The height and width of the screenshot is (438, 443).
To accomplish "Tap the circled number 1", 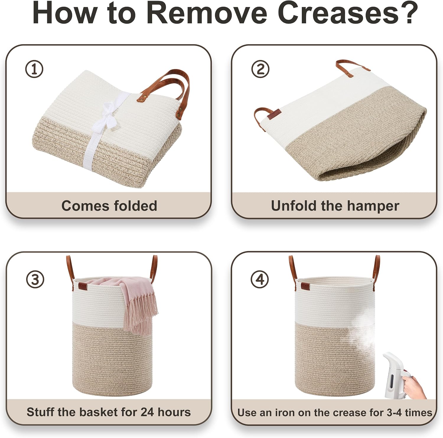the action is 34,69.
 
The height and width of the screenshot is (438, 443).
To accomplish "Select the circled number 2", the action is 260,69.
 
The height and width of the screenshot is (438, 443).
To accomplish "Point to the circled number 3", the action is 35,279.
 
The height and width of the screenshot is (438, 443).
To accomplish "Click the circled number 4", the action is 260,279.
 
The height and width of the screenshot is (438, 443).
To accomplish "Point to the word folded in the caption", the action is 136,206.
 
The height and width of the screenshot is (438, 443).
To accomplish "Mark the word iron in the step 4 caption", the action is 284,412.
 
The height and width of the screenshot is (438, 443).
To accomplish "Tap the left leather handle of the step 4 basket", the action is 292,270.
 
